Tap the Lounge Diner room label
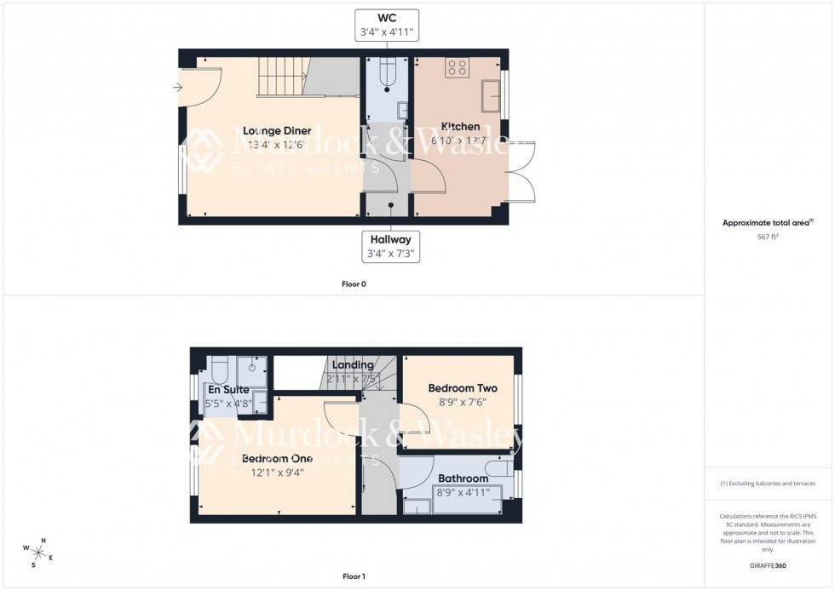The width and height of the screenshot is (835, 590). (x=277, y=130)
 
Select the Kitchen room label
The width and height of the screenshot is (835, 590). (x=460, y=127)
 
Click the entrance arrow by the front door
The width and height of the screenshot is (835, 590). (x=176, y=87)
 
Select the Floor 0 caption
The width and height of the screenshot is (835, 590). (x=354, y=284)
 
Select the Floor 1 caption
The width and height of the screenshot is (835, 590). (x=354, y=576)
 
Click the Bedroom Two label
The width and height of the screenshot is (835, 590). (x=463, y=388)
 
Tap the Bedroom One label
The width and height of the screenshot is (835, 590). (x=277, y=459)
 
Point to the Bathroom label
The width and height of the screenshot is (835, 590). (x=463, y=478)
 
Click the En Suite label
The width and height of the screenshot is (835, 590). (x=229, y=389)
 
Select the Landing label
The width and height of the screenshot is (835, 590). (x=354, y=365)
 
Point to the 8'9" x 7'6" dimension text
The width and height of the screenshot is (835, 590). (x=463, y=403)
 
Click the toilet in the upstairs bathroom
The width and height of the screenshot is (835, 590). (x=497, y=467)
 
